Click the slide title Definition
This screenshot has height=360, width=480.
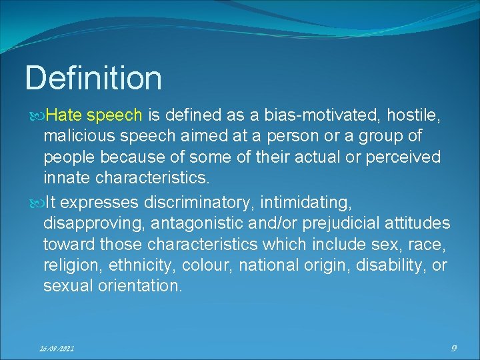pos(93,78)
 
